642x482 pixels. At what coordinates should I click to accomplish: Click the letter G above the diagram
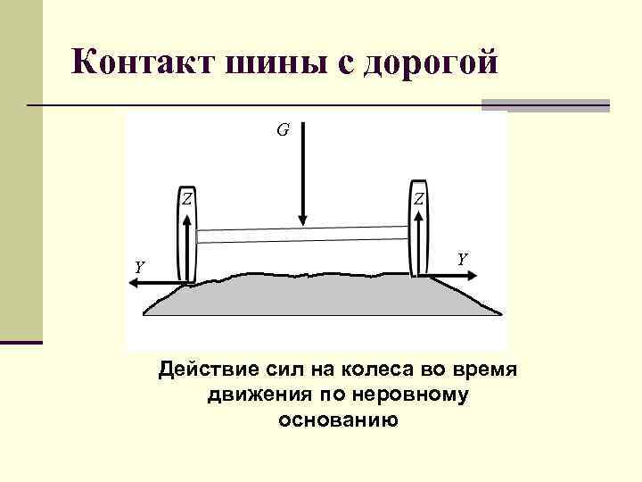coord(282,130)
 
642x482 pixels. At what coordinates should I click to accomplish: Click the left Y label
coord(139,267)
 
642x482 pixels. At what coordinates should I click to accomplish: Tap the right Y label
coord(462,259)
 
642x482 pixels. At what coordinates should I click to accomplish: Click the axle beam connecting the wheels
coord(303,235)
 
